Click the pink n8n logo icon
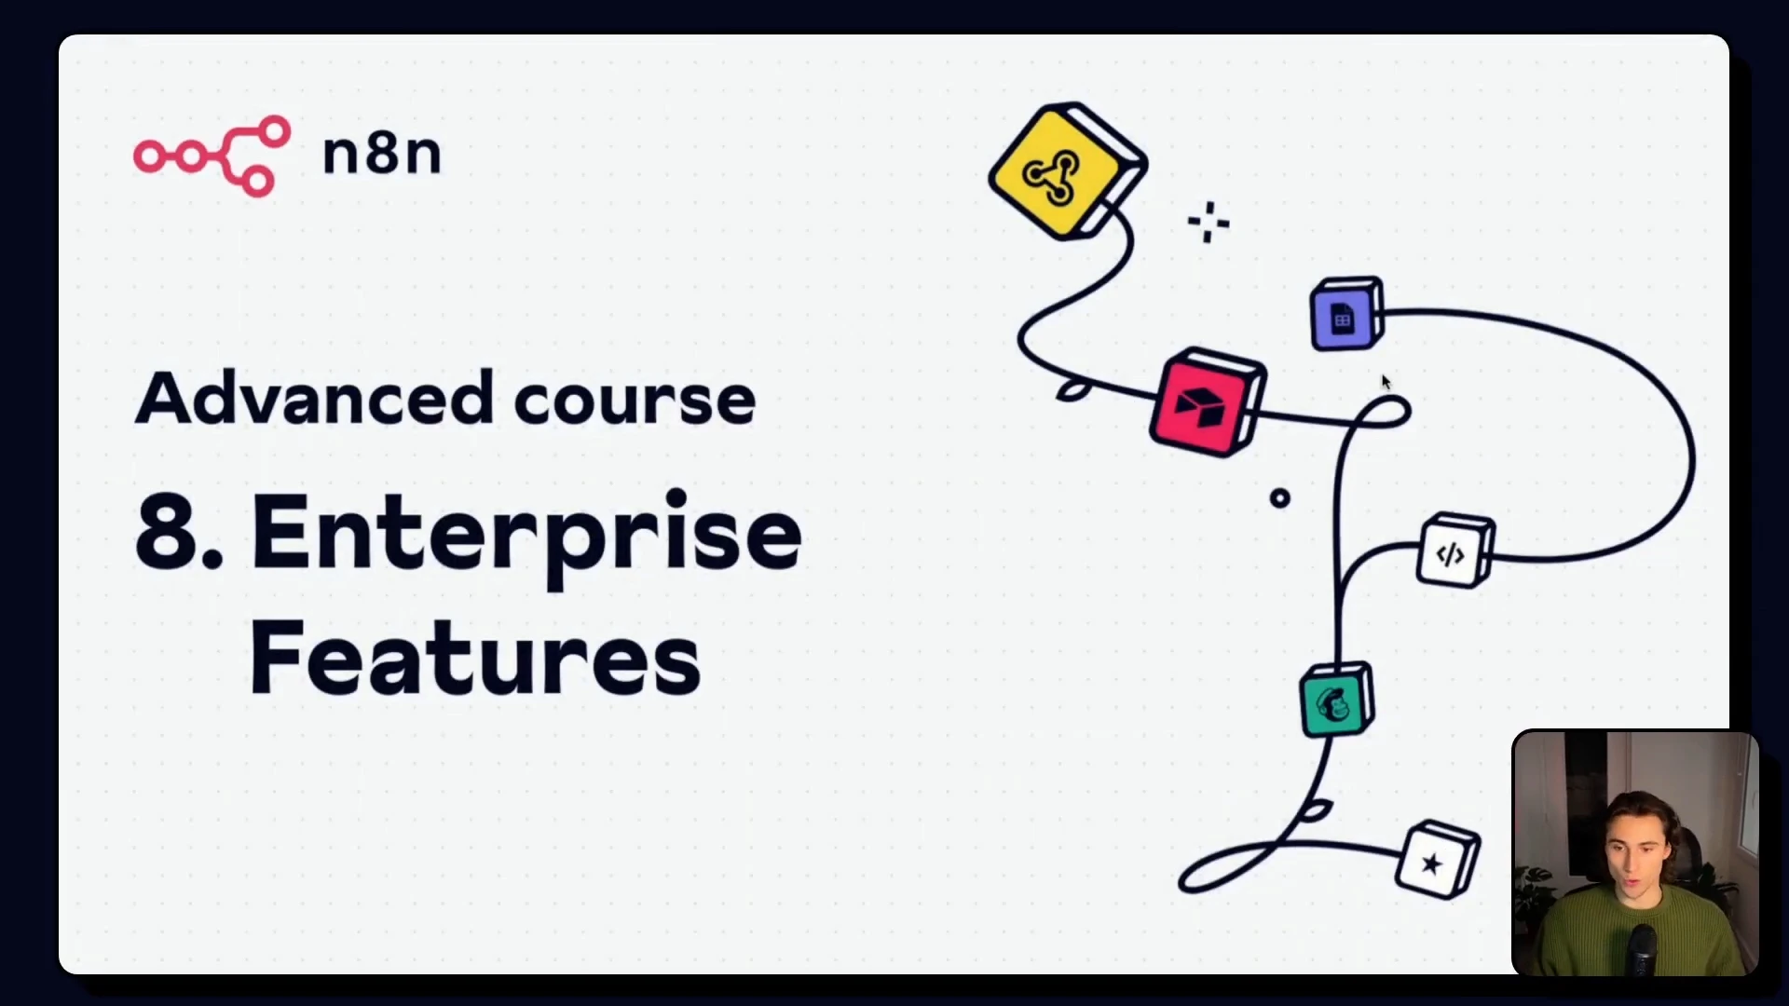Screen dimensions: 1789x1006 [212, 156]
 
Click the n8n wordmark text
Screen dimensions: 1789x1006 [381, 153]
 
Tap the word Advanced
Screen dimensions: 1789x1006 [314, 398]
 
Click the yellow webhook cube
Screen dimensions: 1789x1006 [1068, 171]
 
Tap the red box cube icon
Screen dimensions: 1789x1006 [1209, 402]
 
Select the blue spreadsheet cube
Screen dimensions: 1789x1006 [1346, 315]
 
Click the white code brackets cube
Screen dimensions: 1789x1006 [1454, 551]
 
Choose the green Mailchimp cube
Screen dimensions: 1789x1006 [1337, 700]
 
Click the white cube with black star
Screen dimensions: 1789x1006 [1438, 859]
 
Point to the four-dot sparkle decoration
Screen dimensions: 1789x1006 [1209, 222]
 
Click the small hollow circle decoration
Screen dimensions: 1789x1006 [1280, 498]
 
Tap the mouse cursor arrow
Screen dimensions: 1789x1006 [1386, 382]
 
